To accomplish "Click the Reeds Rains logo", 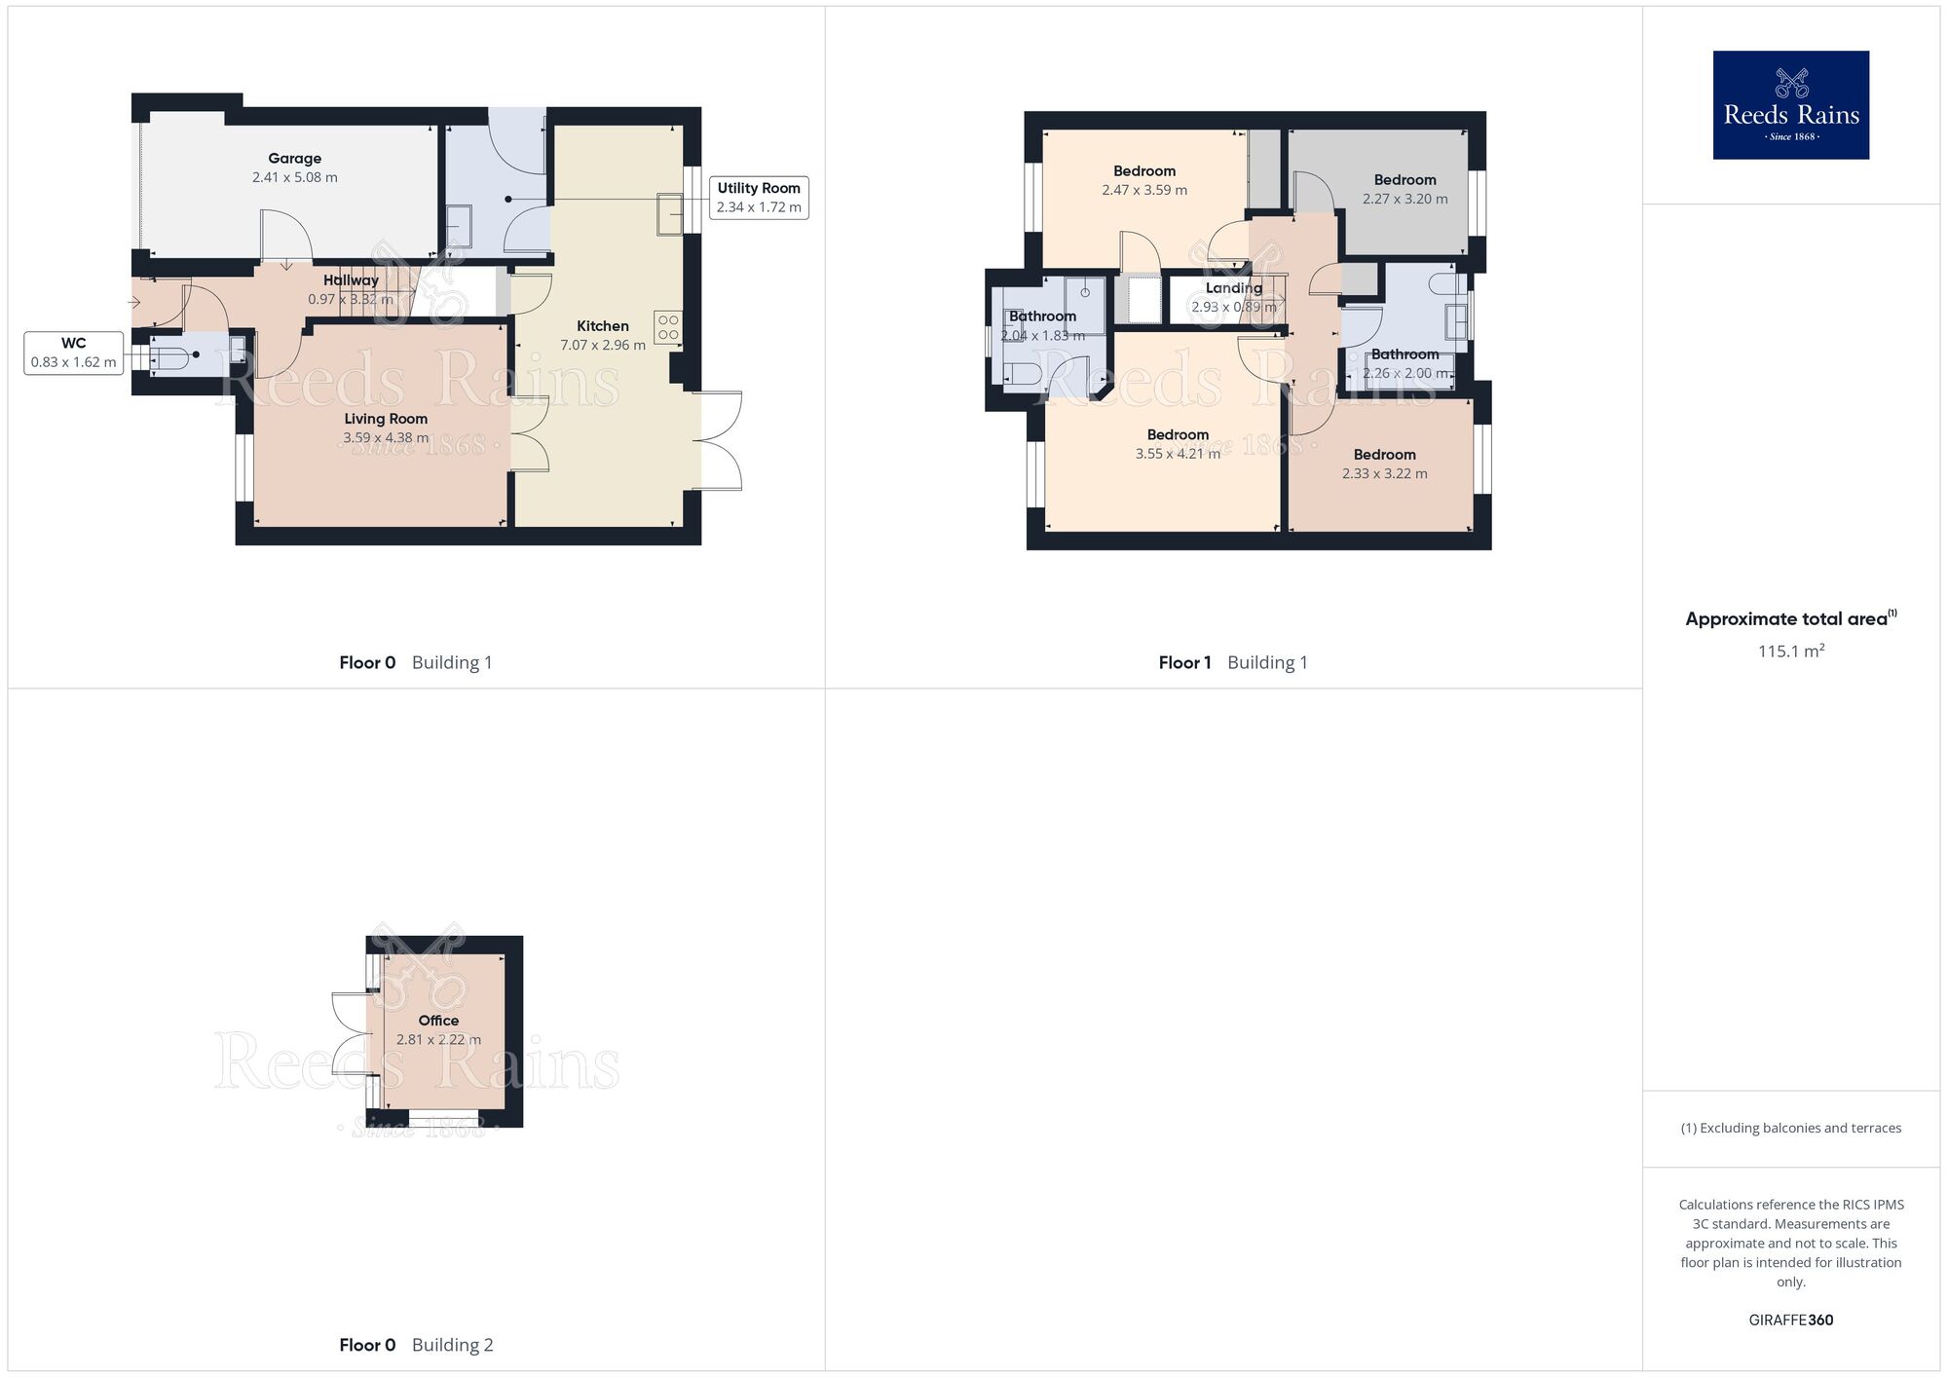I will [1790, 105].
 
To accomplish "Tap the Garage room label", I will [294, 159].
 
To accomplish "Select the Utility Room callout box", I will [759, 198].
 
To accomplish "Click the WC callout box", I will [74, 353].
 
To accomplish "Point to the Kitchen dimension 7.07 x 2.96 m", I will [603, 345].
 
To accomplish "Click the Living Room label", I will [386, 419].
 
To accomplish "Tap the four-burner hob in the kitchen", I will [668, 327].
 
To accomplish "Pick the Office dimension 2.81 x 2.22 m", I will [438, 1039].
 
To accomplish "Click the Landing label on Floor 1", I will [1233, 288].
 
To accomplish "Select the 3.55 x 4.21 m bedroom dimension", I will [1178, 454].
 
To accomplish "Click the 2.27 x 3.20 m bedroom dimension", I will [1405, 199].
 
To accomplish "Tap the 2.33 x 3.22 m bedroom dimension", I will [1384, 473].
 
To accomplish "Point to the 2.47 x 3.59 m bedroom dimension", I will [1144, 190].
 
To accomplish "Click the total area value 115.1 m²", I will [1790, 651].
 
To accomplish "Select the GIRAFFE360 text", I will [1790, 1320].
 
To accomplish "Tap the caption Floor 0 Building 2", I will [416, 1345].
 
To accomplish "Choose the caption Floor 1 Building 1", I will [1233, 662].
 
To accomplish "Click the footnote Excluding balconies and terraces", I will [1790, 1128].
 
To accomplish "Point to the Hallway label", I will [351, 280].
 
